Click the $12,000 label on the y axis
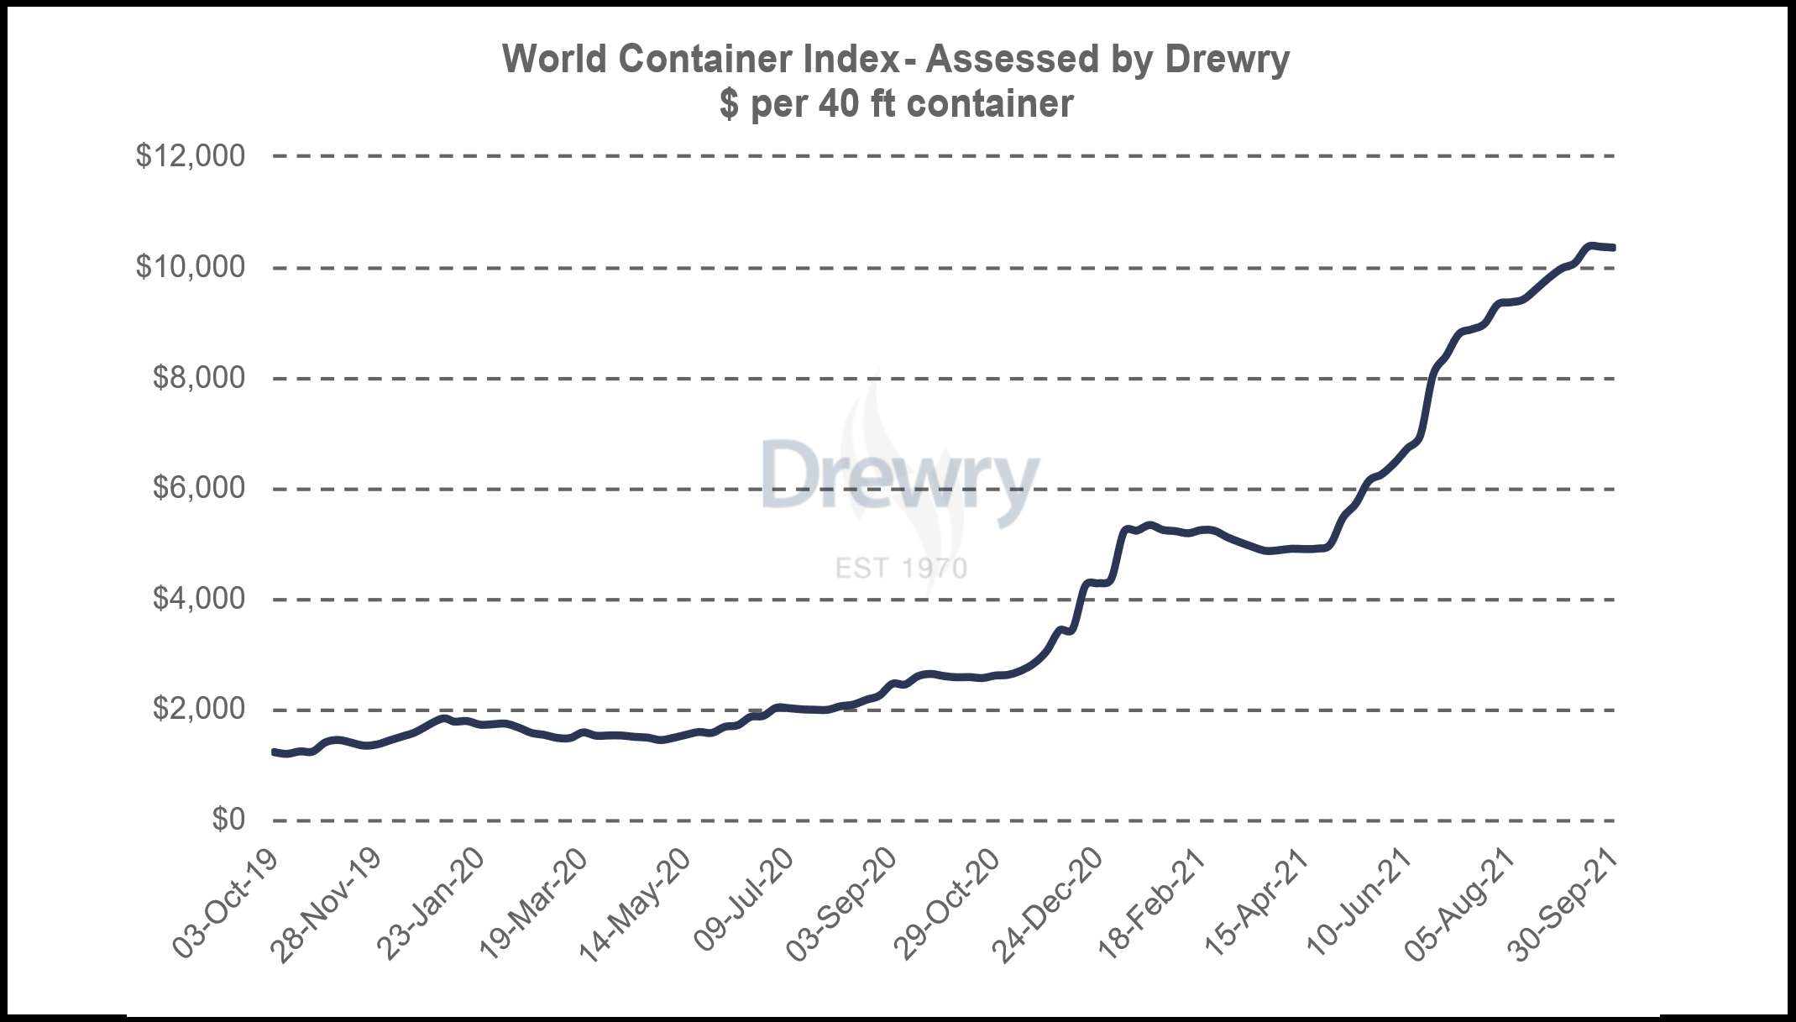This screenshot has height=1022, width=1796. tap(191, 156)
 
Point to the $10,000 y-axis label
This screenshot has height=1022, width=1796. tap(191, 267)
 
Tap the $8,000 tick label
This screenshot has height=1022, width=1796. tap(199, 378)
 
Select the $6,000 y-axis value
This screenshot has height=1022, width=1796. tap(199, 488)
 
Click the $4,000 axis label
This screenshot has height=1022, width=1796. tap(199, 599)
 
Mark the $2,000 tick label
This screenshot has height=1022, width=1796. tap(199, 710)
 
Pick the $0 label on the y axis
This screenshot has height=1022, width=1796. tap(228, 820)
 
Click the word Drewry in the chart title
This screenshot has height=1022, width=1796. tap(1227, 60)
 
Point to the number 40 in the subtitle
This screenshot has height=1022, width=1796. tap(839, 104)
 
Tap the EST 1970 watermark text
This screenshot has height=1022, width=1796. tap(901, 569)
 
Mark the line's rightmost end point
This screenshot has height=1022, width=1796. tap(1613, 248)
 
